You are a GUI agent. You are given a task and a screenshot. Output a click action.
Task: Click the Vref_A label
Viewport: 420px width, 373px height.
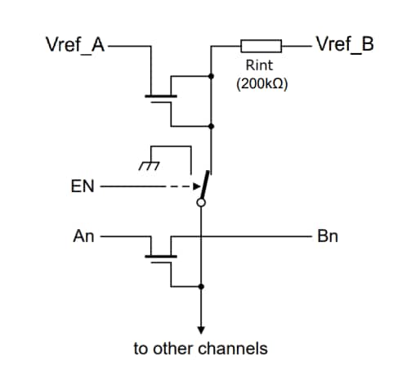click(74, 44)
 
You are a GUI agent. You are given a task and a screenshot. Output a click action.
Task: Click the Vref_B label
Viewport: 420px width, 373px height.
click(344, 44)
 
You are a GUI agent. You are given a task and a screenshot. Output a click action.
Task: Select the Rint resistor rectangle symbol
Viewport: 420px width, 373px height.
click(261, 44)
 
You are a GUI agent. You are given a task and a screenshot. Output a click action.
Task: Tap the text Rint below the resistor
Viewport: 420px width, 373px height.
click(259, 65)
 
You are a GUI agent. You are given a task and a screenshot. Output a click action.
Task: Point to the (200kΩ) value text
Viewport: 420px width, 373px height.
click(260, 83)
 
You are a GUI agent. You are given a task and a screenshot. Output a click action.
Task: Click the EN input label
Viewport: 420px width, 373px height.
click(83, 187)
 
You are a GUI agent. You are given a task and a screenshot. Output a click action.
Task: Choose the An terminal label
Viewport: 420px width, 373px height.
click(83, 236)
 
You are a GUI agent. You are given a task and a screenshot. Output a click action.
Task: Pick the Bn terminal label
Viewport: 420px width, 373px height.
click(328, 236)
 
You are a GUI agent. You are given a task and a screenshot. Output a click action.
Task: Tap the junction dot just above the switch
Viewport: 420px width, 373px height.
click(212, 127)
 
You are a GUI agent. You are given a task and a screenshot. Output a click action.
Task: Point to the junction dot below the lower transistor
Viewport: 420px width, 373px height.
click(200, 286)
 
